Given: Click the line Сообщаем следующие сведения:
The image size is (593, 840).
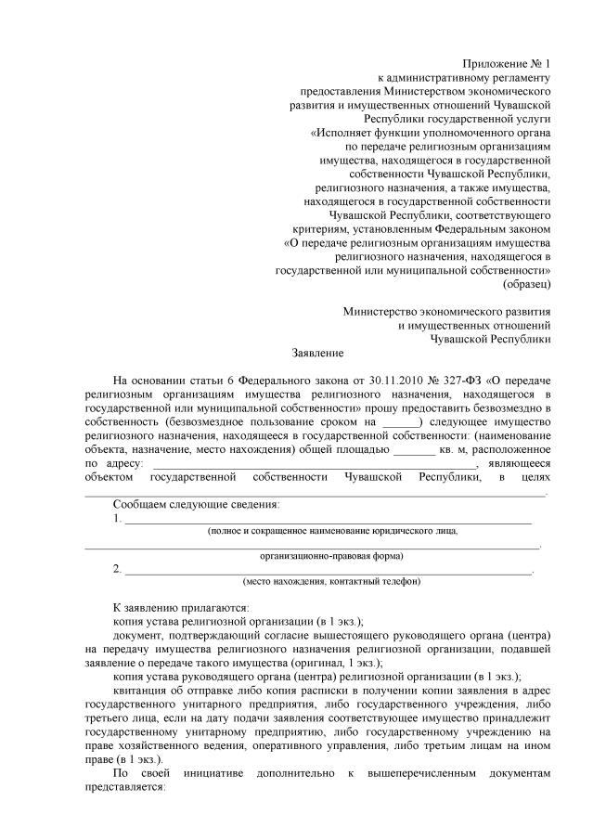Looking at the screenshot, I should point(195,504).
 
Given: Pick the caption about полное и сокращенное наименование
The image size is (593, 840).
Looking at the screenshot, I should point(331,531).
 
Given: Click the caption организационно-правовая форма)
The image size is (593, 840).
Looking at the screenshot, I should point(330,557).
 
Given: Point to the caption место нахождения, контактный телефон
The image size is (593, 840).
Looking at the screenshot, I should point(331,582).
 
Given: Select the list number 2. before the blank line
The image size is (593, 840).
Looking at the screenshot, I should point(117,569).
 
